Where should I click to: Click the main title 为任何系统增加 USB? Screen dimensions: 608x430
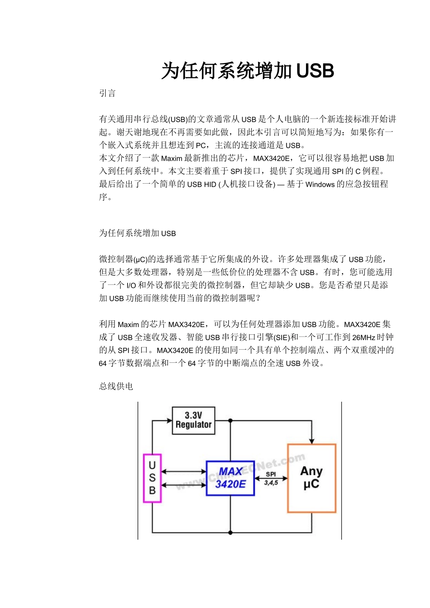click(248, 71)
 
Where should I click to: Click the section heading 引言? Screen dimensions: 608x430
click(107, 93)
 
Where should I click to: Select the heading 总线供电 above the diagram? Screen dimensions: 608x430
click(116, 386)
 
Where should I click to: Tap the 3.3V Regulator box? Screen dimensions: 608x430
click(193, 420)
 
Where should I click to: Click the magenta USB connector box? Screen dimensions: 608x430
click(152, 478)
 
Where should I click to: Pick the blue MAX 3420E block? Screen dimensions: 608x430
click(230, 478)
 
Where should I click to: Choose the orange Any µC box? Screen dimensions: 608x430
click(311, 478)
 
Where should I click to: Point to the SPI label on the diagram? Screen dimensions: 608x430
click(271, 474)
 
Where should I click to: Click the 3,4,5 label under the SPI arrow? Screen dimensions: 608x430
click(271, 483)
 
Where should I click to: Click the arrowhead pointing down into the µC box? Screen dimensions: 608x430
click(311, 441)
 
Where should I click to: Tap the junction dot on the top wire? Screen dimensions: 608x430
click(230, 421)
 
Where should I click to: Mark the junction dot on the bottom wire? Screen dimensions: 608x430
click(230, 532)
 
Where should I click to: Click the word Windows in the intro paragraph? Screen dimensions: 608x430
click(320, 185)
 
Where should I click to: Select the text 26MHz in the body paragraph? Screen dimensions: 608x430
click(363, 337)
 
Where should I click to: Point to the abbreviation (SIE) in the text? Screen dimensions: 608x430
click(282, 337)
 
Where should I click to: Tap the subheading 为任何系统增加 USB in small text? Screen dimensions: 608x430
click(137, 233)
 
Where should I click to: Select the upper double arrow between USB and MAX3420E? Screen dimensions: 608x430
click(184, 472)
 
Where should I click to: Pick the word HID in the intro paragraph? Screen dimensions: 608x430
click(210, 185)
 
